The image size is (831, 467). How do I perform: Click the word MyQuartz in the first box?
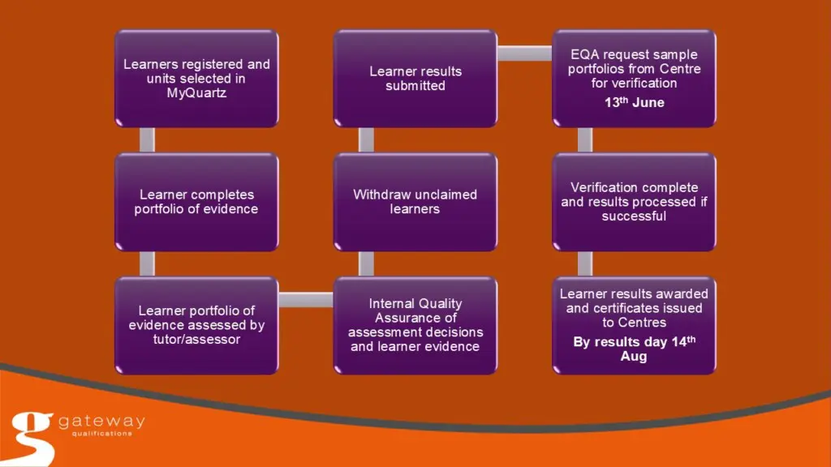coord(196,93)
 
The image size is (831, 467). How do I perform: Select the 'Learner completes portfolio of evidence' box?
coord(196,202)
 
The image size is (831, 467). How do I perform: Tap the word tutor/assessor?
coord(196,339)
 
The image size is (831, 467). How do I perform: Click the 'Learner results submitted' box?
coord(415,79)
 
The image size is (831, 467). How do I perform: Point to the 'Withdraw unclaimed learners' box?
coord(415,202)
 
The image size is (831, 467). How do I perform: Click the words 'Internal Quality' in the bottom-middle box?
coord(415,303)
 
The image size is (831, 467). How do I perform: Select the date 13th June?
coord(634,102)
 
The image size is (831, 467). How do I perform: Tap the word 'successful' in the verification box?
coord(634,216)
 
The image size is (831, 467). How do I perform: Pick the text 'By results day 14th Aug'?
coord(634,349)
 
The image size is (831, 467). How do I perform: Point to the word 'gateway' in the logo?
coord(101,422)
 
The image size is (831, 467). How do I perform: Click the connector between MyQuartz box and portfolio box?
coord(147,140)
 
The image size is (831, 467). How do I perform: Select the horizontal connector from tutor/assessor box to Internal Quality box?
coord(306,300)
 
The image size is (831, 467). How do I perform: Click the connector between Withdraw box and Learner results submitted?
coord(366,140)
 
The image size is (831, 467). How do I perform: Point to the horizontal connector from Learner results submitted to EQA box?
coord(524,54)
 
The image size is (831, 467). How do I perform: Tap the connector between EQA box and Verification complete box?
coord(584,140)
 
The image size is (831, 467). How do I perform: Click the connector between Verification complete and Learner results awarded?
coord(584,263)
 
